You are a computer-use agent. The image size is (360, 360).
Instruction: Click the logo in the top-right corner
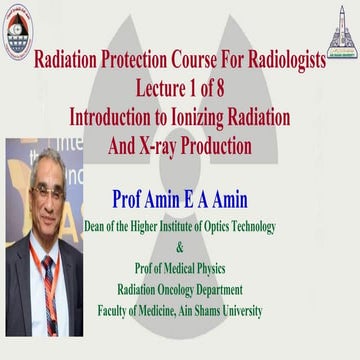point(339,22)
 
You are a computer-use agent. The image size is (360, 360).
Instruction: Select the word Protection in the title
point(142,62)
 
